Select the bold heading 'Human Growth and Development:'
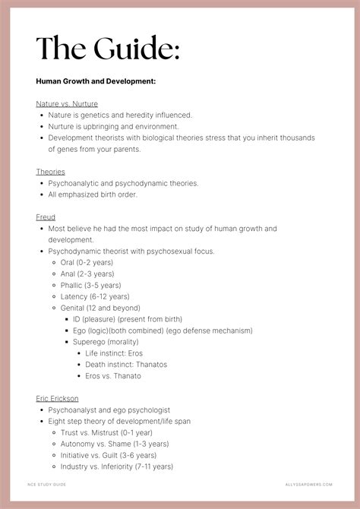[96, 81]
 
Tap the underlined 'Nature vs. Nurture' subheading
[67, 104]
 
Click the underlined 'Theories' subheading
[50, 172]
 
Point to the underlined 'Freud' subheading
[46, 217]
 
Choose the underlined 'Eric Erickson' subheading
[57, 398]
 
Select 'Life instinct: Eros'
[114, 353]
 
